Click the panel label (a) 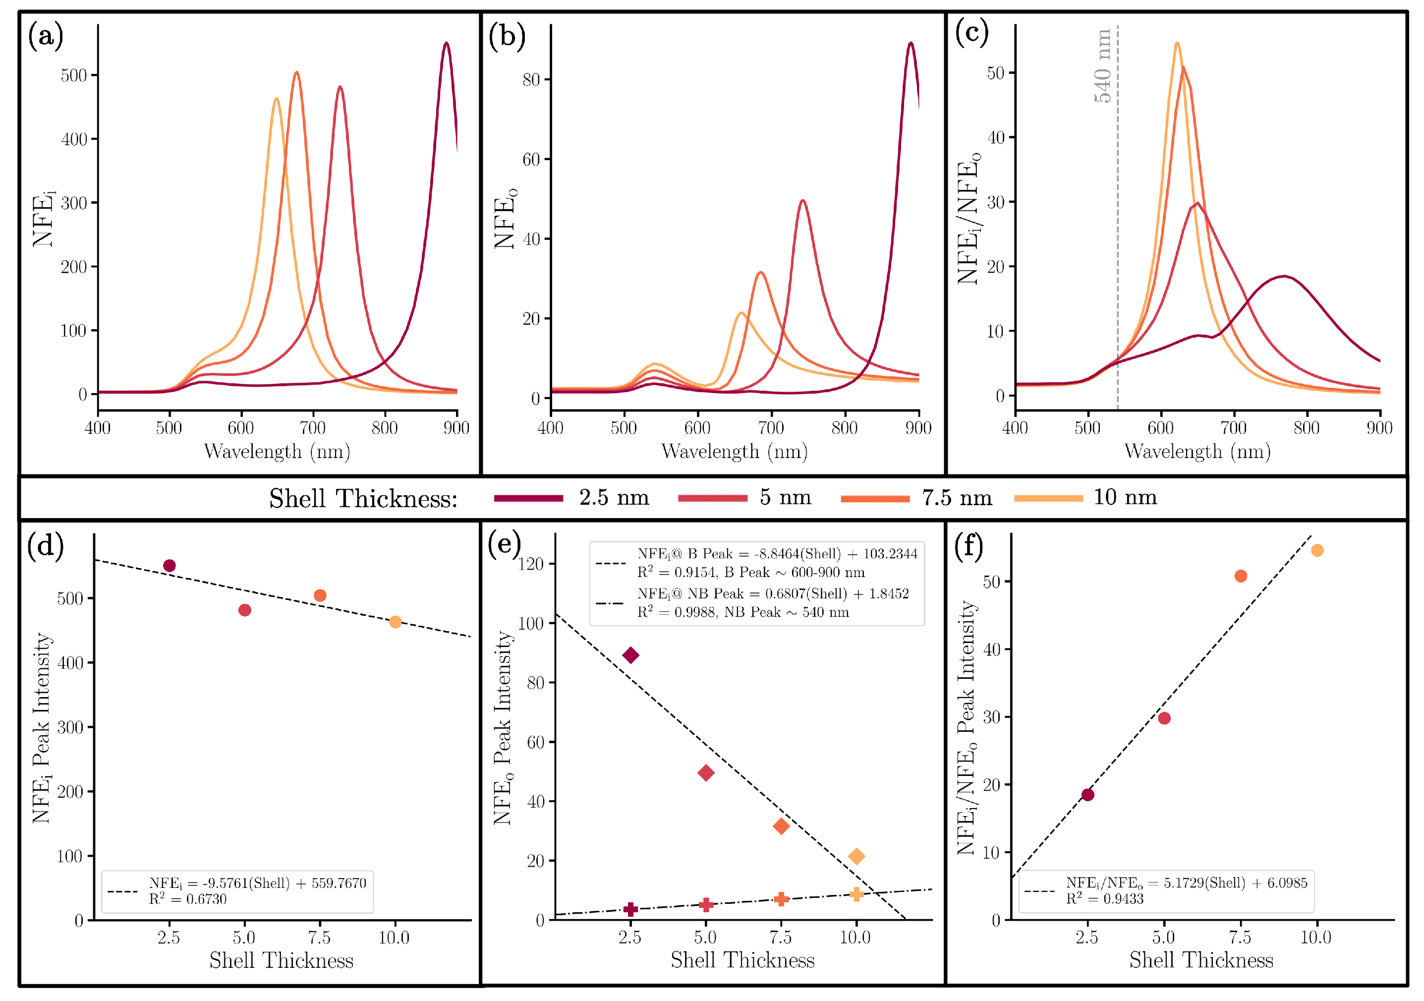pos(45,36)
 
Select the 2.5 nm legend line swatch pos(528,498)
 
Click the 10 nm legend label pos(1125,497)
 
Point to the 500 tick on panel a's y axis pos(74,76)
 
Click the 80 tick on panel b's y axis pos(531,80)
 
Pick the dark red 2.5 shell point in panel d pos(170,566)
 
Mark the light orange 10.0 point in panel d pos(395,622)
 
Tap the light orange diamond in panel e pos(856,857)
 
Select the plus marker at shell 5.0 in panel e pos(706,905)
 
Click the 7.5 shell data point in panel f pos(1241,576)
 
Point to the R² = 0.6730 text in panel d pos(187,899)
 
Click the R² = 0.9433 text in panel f pos(1105,899)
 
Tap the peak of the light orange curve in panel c pos(1177,44)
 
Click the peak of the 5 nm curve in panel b pos(802,201)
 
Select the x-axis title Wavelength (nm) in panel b pos(735,452)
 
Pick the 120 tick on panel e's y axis pos(531,564)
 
